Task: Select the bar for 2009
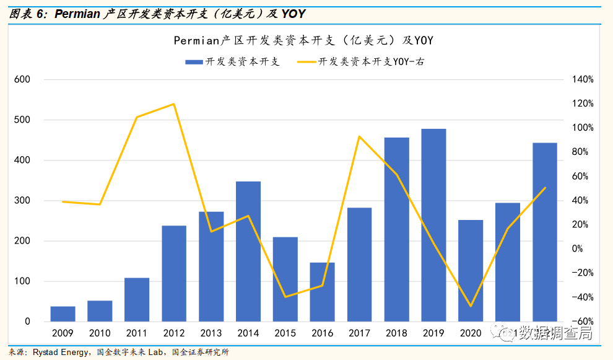click(x=63, y=314)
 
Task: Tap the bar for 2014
click(x=248, y=251)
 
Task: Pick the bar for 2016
click(x=323, y=292)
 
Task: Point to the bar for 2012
click(x=174, y=273)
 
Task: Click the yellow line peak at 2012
click(x=174, y=104)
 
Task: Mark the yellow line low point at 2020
click(x=471, y=306)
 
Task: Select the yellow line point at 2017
click(x=360, y=136)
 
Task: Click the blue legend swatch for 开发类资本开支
click(x=194, y=62)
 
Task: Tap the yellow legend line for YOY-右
click(x=306, y=62)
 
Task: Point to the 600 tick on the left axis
click(x=23, y=80)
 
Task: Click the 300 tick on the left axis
click(x=23, y=201)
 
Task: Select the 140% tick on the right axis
click(x=583, y=80)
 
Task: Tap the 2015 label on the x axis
click(x=285, y=333)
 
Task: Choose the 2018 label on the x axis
click(x=397, y=333)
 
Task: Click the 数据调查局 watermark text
click(x=554, y=334)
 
